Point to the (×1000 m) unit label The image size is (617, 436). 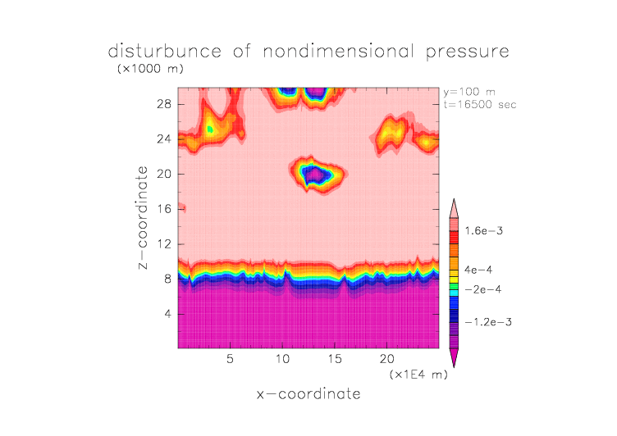pos(149,69)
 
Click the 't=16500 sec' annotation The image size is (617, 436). pos(480,104)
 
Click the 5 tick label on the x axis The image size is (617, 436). pos(231,359)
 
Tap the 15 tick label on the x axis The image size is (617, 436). pos(334,359)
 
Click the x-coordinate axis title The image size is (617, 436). pos(308,394)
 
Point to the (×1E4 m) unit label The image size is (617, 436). pos(418,375)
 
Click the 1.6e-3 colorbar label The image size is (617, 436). pos(484,231)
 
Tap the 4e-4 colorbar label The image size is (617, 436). pos(478,269)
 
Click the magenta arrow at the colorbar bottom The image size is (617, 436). pos(453,357)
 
